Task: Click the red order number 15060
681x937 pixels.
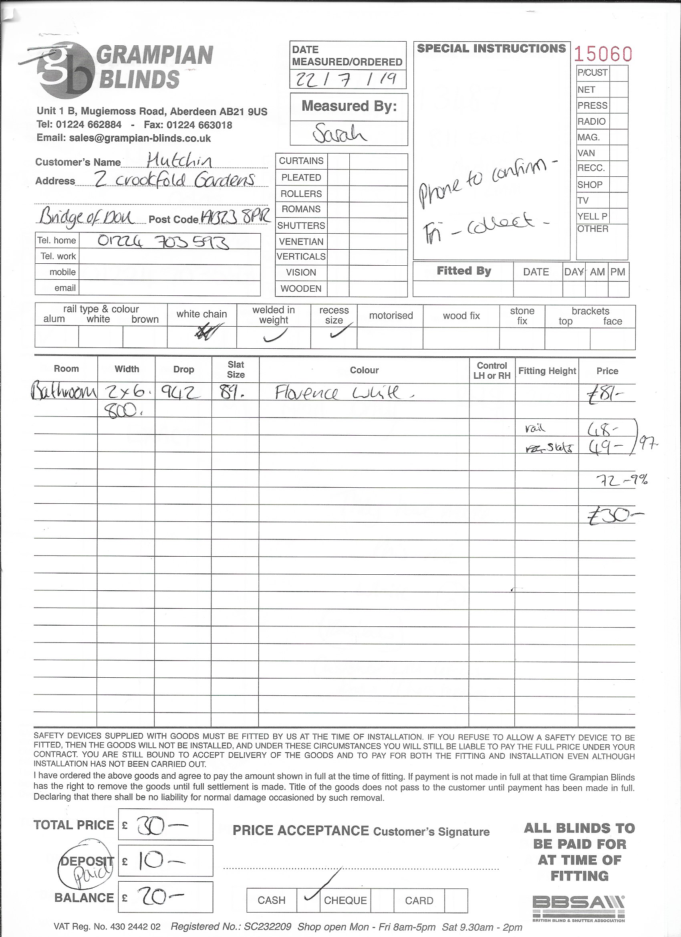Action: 603,54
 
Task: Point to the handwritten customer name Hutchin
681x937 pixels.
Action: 179,160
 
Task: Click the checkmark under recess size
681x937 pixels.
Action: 341,331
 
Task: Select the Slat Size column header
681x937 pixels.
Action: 236,370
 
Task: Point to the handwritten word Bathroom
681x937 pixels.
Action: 64,391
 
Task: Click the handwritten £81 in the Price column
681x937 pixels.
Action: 605,394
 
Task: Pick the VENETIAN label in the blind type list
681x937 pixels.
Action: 301,241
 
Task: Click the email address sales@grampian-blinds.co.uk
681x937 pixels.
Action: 140,138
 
